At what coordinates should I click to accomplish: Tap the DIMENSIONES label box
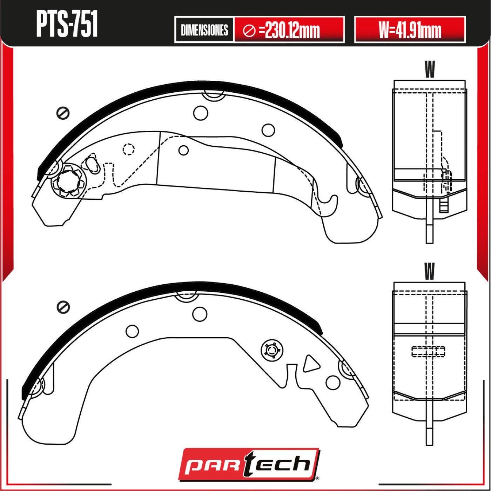(204, 30)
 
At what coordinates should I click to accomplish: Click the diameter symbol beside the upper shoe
(63, 113)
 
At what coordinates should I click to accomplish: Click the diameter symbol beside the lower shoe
(63, 307)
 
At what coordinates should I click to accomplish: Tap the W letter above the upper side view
(430, 69)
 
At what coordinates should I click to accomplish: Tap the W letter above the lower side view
(430, 271)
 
